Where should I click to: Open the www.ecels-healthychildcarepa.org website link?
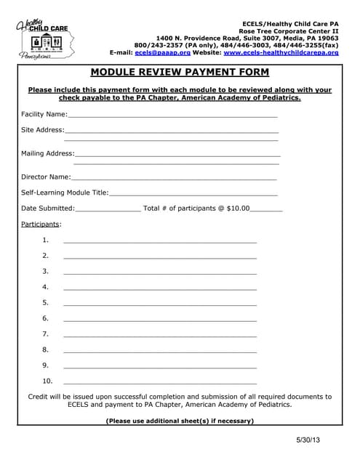281,53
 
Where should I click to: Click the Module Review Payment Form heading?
180,72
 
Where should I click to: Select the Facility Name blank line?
172,116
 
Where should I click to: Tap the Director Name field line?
174,178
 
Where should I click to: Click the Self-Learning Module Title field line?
193,194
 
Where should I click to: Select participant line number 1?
160,241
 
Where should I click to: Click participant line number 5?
160,304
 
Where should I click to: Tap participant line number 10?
160,382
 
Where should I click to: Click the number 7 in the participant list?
45,334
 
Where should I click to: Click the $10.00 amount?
238,209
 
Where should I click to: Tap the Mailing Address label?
47,153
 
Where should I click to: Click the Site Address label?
43,130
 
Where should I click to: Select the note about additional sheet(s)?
180,421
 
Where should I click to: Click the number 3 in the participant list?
45,272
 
